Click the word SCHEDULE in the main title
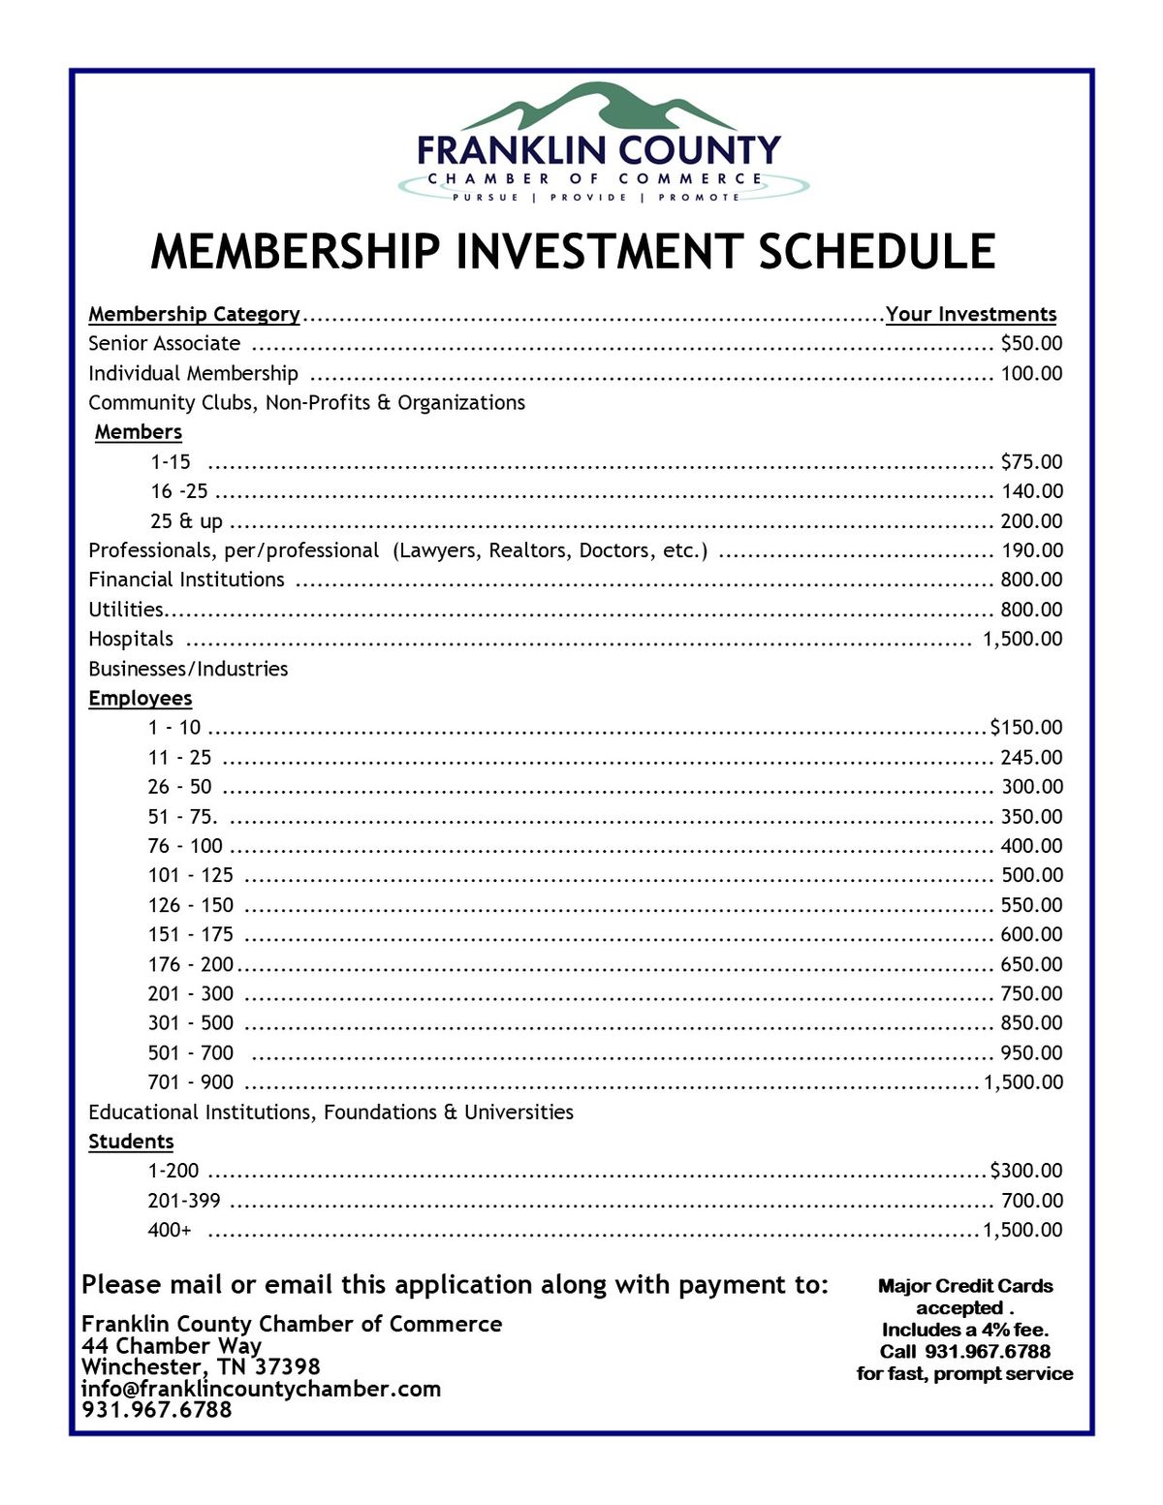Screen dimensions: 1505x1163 coord(876,251)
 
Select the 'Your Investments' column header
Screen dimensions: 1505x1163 coord(970,314)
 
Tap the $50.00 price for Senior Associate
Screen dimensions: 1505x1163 coord(1031,343)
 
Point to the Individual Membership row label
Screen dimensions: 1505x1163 coord(193,373)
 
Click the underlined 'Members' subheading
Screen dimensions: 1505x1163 coord(139,432)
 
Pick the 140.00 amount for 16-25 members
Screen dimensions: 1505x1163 coord(1031,491)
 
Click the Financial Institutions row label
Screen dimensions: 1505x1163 coord(186,580)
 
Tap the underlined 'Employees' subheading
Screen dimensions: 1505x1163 coord(141,698)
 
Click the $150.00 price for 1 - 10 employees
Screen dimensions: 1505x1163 coord(1026,728)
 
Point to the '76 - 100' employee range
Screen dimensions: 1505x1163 coord(185,846)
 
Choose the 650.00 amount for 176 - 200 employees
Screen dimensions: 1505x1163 coord(1031,964)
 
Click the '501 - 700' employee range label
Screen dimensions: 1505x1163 coord(191,1052)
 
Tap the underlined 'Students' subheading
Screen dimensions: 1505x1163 coord(131,1142)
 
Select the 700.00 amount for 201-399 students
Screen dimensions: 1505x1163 coord(1031,1201)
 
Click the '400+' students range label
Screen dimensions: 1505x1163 coord(170,1230)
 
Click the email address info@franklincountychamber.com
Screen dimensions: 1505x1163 coord(261,1389)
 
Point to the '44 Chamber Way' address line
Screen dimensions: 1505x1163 coord(172,1346)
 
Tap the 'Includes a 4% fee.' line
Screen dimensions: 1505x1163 coord(965,1330)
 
